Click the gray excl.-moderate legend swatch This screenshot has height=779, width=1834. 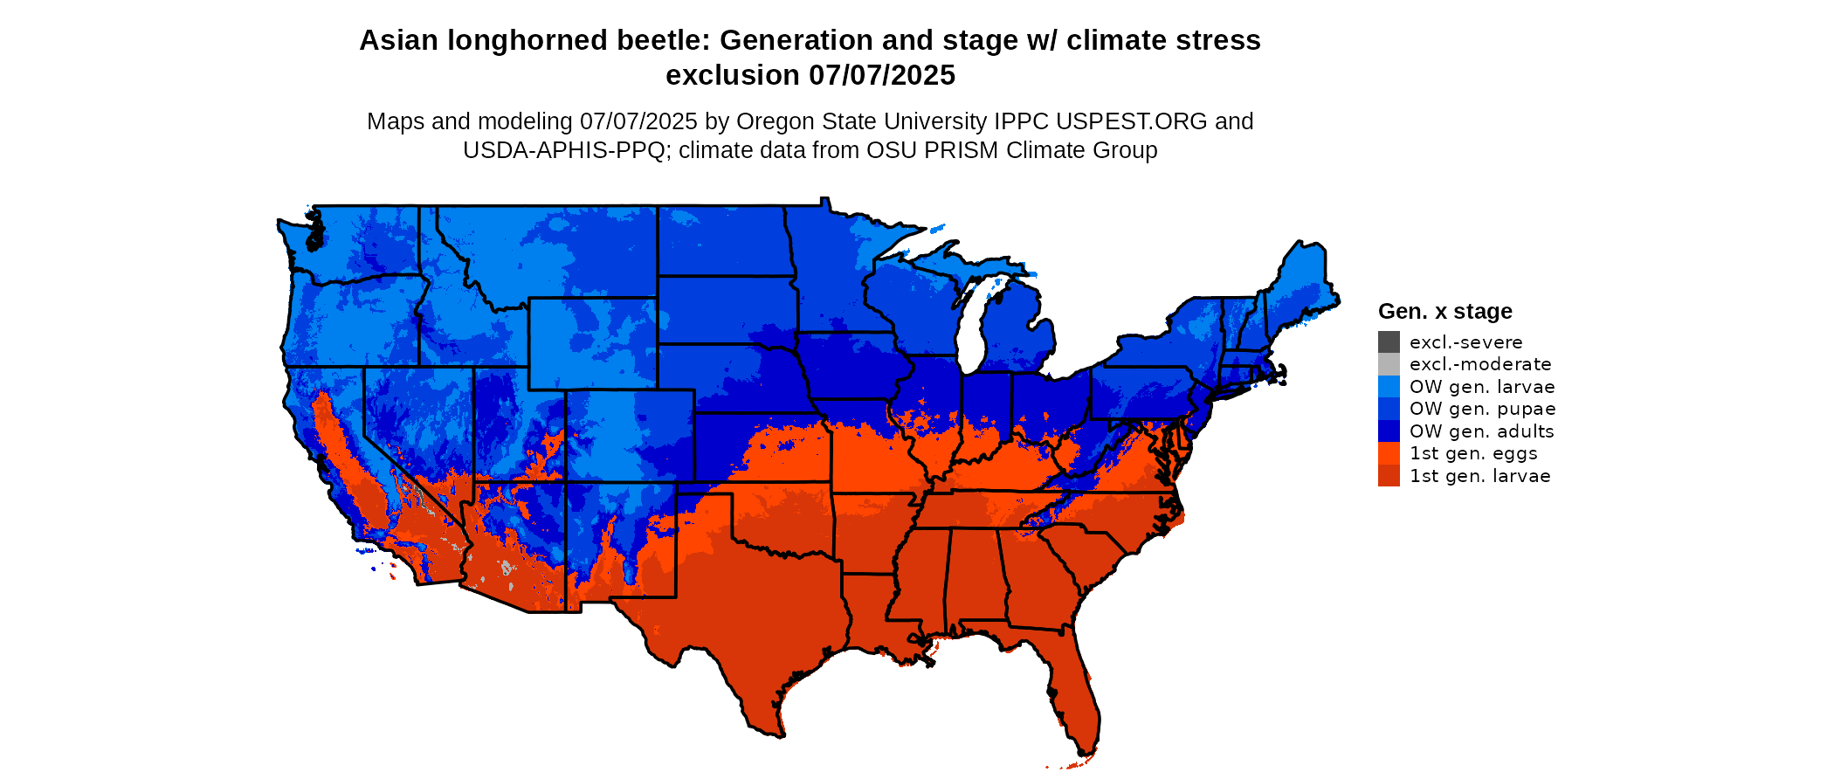click(1389, 364)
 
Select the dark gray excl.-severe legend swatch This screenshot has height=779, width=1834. click(1389, 342)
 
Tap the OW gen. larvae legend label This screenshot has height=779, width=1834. click(1482, 387)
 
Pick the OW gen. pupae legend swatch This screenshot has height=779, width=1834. click(1389, 409)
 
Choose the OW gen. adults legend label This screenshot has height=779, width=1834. click(1482, 431)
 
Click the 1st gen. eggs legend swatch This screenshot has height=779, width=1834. click(1389, 453)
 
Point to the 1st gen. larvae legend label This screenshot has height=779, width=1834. click(1479, 476)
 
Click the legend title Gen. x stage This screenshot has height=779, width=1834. click(1444, 311)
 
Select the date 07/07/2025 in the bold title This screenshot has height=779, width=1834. click(882, 75)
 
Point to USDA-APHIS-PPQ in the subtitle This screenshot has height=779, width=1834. click(564, 150)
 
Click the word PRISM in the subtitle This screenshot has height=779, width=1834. click(961, 150)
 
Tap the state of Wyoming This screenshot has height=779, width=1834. click(592, 342)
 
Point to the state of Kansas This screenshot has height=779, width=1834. click(760, 445)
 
